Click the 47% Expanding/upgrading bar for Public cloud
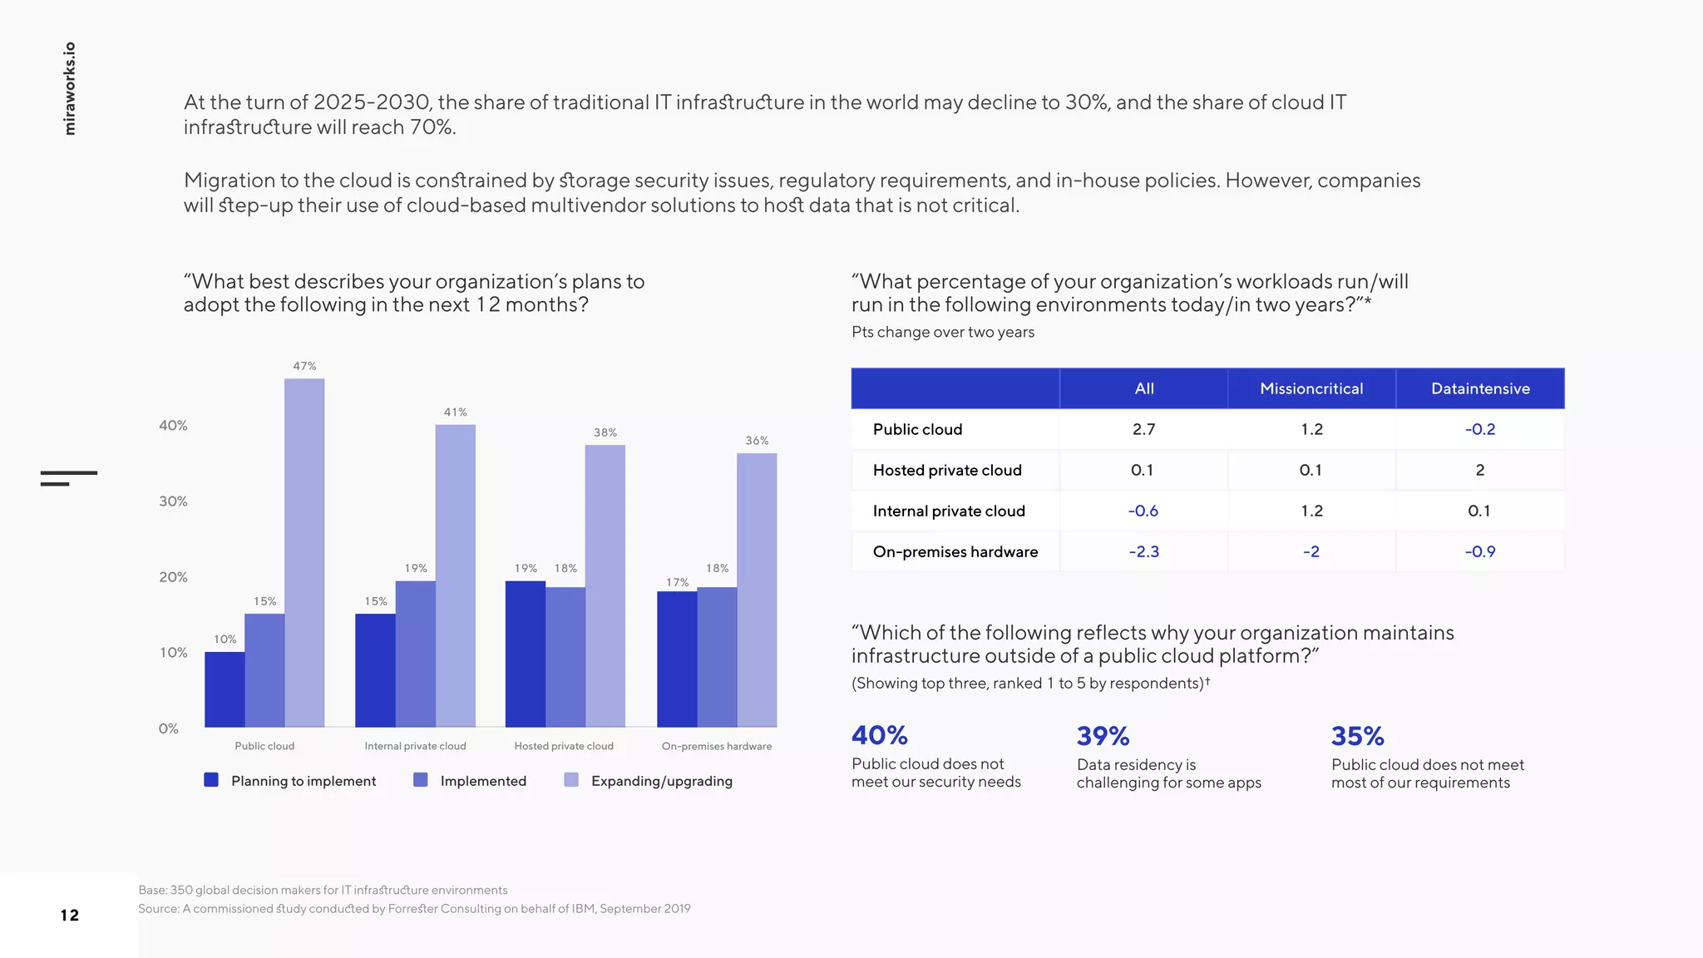304,552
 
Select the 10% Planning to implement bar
225,689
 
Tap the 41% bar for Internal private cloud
455,575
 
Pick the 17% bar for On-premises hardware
677,659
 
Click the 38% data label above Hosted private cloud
605,432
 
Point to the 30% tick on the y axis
173,501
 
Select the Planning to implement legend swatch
211,780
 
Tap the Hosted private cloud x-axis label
564,746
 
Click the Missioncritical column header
1311,388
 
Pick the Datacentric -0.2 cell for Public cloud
1479,429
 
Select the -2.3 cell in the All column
1143,551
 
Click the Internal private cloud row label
949,511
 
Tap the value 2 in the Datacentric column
1479,470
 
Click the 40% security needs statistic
879,735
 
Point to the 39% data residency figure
1103,736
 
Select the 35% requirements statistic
1357,736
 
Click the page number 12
70,916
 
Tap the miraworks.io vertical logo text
70,88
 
